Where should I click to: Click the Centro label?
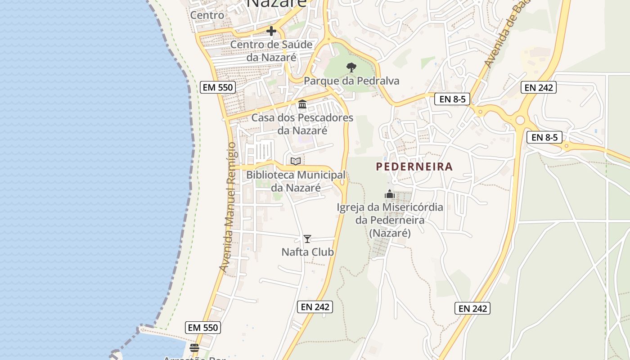[x=207, y=15]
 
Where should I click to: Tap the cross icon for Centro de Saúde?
[x=271, y=31]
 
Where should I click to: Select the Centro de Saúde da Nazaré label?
[x=271, y=51]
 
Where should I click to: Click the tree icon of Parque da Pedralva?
[x=351, y=67]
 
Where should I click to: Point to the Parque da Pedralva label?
[x=351, y=81]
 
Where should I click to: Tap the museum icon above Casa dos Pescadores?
[x=302, y=104]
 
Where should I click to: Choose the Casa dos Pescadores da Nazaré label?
[x=302, y=124]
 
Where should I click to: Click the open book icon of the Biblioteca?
[x=295, y=161]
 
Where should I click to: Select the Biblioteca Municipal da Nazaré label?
[x=296, y=181]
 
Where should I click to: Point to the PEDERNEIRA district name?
[x=414, y=166]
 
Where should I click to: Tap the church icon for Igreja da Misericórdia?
[x=390, y=194]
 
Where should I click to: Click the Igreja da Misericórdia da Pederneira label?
[x=390, y=220]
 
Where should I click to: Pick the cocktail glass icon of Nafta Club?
[x=307, y=238]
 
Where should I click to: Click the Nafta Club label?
[x=308, y=252]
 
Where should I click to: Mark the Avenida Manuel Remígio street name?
[x=229, y=207]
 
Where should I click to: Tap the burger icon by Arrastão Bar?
[x=194, y=348]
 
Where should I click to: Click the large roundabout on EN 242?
[x=521, y=120]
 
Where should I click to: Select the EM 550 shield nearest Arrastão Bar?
[x=203, y=328]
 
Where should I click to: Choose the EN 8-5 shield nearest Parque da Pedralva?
[x=452, y=99]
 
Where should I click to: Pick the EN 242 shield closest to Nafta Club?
[x=315, y=307]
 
